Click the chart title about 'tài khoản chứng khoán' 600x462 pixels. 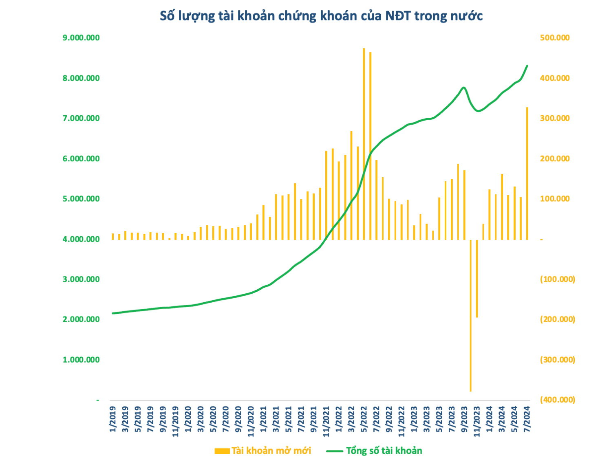321,16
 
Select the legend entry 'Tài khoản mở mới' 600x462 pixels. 263,451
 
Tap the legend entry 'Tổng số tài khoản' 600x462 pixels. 375,451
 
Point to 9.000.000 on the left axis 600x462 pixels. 81,38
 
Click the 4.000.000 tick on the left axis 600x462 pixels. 81,239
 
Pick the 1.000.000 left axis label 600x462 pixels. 81,360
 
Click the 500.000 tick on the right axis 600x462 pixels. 555,38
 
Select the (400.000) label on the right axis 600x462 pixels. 557,400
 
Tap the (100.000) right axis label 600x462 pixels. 557,279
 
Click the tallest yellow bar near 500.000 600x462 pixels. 364,143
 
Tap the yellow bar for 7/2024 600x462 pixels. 527,173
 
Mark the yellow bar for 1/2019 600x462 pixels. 113,236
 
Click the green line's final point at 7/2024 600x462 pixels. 527,66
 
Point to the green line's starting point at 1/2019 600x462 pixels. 113,313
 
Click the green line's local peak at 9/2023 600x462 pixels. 464,88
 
